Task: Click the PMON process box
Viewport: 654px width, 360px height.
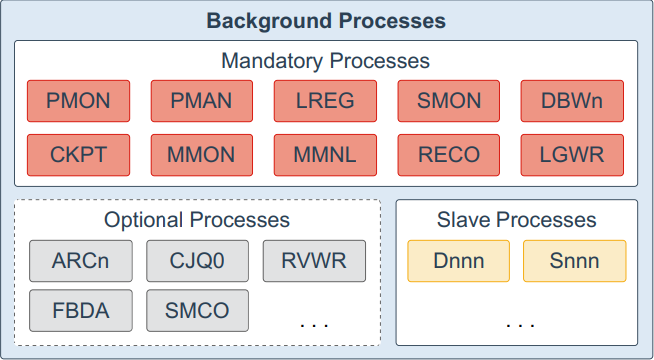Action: point(78,101)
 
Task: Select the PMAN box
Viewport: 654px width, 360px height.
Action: point(201,101)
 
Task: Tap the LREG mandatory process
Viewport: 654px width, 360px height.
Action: point(325,101)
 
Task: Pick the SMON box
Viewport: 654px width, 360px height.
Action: point(449,101)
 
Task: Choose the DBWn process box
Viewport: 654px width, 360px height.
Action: point(572,101)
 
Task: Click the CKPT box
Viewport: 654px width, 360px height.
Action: point(78,155)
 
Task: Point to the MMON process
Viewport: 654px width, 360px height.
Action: point(201,155)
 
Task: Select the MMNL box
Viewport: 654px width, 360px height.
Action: point(325,155)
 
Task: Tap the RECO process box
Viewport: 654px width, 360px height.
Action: point(449,155)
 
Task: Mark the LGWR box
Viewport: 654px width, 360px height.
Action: point(572,155)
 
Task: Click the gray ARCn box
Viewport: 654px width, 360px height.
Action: point(81,261)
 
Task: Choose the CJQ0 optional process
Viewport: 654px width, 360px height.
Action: point(197,261)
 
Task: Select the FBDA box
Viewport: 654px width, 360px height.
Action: point(81,311)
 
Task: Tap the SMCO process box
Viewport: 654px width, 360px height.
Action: point(197,311)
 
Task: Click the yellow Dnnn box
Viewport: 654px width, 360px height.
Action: point(459,261)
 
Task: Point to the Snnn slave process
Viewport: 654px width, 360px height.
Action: point(575,261)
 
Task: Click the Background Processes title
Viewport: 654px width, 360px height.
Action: point(326,20)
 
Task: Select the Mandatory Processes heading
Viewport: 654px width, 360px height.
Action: point(326,61)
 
